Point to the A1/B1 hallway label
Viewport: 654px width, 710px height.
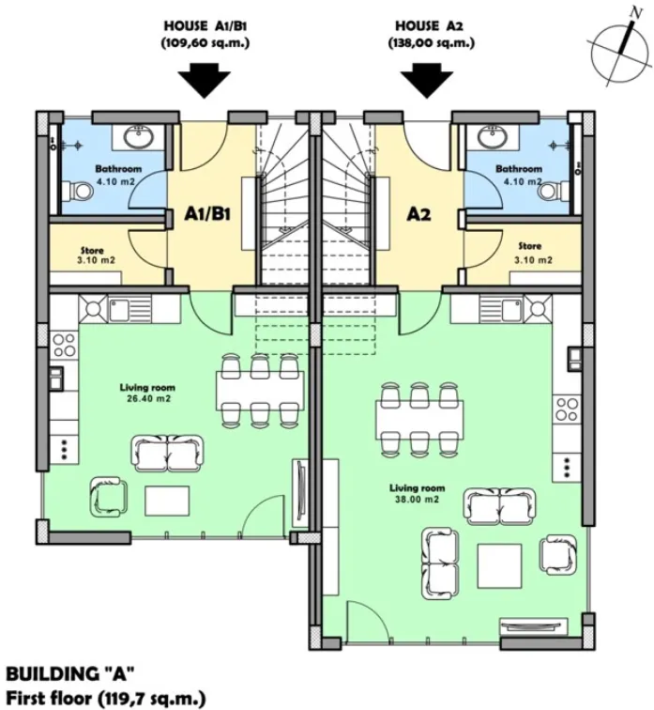(x=207, y=214)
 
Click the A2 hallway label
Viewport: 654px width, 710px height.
(x=418, y=214)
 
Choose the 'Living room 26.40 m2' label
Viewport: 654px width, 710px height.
(x=147, y=392)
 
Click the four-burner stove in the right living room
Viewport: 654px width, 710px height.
(x=567, y=408)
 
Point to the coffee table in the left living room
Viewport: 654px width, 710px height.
(x=166, y=501)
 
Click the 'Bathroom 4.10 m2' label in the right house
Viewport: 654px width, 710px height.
(x=518, y=175)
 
